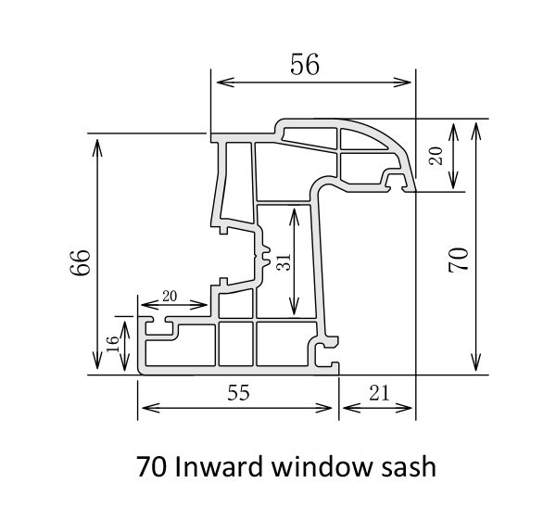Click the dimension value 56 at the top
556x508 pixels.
click(305, 64)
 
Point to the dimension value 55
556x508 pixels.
click(238, 392)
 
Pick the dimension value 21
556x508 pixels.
click(378, 392)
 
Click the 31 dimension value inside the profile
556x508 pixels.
click(284, 261)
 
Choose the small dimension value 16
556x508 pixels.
click(113, 346)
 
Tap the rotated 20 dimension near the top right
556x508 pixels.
click(436, 155)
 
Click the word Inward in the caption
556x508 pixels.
click(218, 465)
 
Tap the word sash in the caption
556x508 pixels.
click(409, 465)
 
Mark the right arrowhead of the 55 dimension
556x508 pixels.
click(330, 409)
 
